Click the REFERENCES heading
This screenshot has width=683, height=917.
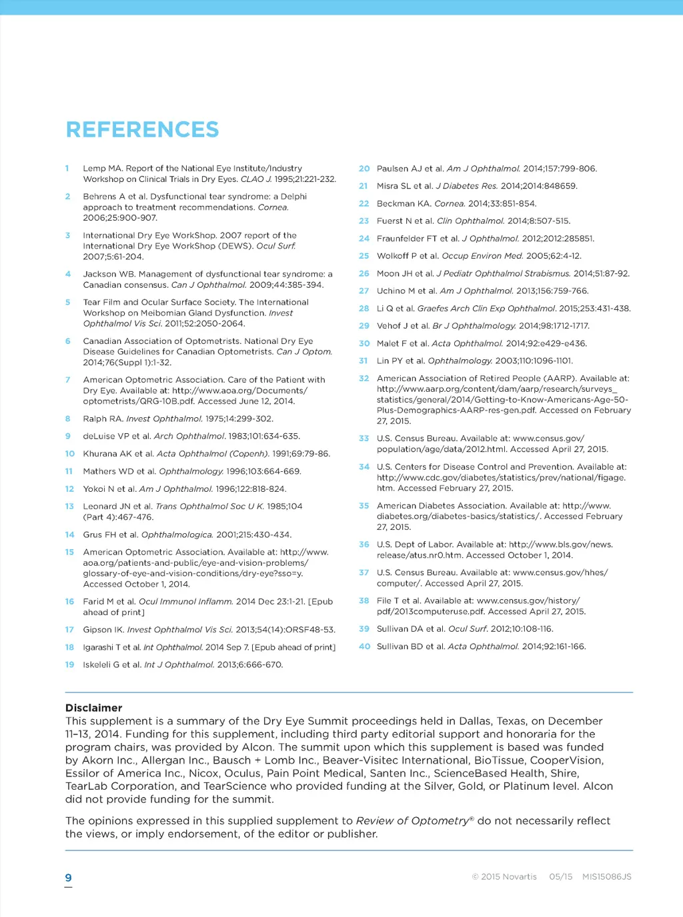pyautogui.click(x=142, y=129)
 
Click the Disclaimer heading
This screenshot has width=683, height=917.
pyautogui.click(x=93, y=708)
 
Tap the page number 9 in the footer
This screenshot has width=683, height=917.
pyautogui.click(x=68, y=878)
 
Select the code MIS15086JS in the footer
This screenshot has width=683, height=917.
pyautogui.click(x=606, y=877)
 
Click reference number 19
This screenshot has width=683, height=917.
pyautogui.click(x=69, y=664)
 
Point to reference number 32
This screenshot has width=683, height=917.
pyautogui.click(x=364, y=379)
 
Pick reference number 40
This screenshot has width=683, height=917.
pyautogui.click(x=364, y=646)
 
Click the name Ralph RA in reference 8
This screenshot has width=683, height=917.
pyautogui.click(x=103, y=419)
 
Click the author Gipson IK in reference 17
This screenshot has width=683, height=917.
pyautogui.click(x=103, y=630)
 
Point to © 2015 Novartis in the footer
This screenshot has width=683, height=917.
pyautogui.click(x=504, y=877)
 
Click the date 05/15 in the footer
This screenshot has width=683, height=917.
pyautogui.click(x=560, y=877)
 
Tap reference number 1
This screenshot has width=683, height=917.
pyautogui.click(x=67, y=169)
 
